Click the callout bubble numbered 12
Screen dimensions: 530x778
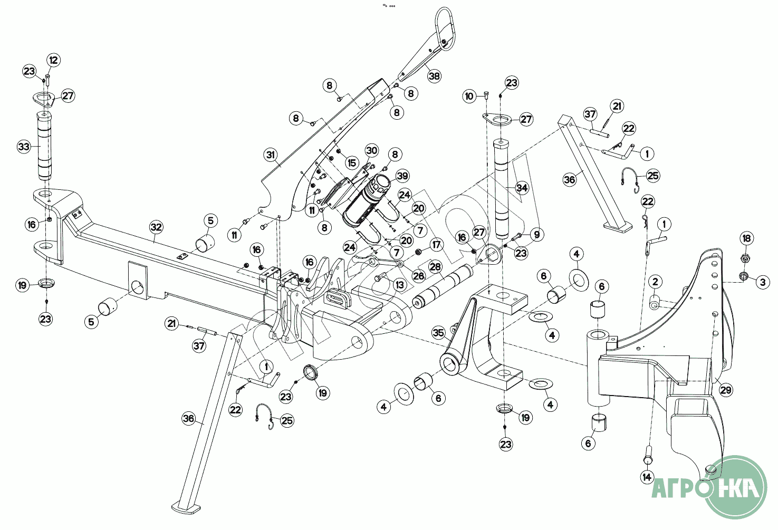point(54,60)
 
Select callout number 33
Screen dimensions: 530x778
point(24,147)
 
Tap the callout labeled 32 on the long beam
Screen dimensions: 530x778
point(156,228)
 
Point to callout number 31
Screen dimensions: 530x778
point(271,155)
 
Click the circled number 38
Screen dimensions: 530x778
point(434,76)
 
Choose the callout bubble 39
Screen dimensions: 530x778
point(402,176)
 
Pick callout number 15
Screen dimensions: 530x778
point(352,163)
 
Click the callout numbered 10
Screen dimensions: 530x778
point(469,96)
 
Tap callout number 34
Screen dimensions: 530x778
point(522,188)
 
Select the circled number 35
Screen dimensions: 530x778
point(439,333)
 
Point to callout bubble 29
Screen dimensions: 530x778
point(726,390)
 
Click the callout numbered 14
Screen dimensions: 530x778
point(647,477)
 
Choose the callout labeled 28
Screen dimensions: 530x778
point(435,267)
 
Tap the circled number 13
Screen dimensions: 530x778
point(399,285)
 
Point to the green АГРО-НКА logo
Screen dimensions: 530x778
point(736,486)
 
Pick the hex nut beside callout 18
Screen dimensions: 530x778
point(745,258)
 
